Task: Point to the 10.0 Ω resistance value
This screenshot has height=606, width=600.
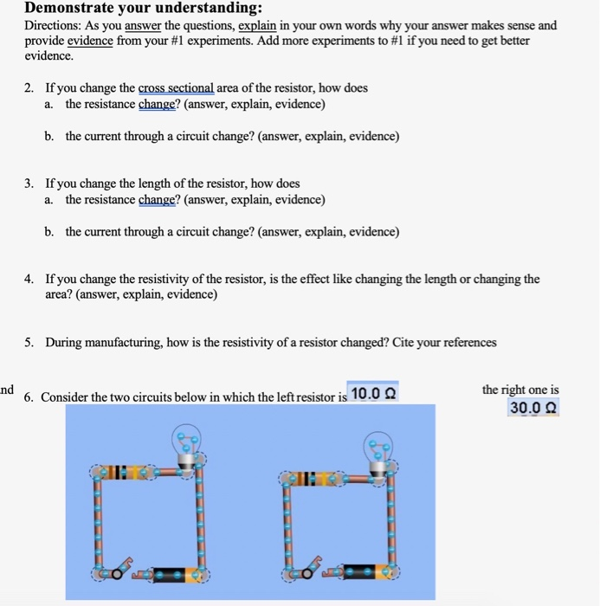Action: click(x=372, y=394)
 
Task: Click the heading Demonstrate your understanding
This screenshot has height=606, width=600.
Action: click(x=143, y=9)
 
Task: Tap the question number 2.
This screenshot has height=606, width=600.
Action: click(x=29, y=88)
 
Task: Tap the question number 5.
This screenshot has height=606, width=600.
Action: click(x=29, y=342)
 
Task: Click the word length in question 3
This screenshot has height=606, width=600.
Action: click(x=155, y=184)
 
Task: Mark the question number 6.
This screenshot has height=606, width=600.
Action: click(x=29, y=397)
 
